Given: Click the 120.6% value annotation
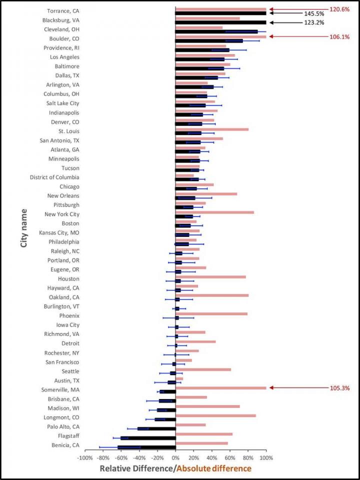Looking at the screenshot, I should pyautogui.click(x=339, y=9).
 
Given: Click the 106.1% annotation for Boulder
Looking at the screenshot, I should pyautogui.click(x=339, y=36).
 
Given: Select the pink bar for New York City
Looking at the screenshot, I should pyautogui.click(x=214, y=212).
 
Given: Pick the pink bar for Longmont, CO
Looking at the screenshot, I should pyautogui.click(x=215, y=415).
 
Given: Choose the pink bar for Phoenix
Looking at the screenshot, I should pyautogui.click(x=211, y=314).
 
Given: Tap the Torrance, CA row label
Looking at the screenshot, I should pyautogui.click(x=62, y=11).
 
